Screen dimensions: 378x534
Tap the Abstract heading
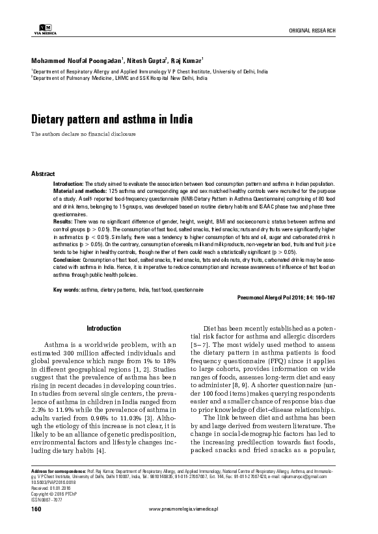(x=43, y=175)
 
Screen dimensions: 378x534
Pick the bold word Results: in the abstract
(x=63, y=222)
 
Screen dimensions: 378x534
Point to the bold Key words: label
(x=66, y=288)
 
